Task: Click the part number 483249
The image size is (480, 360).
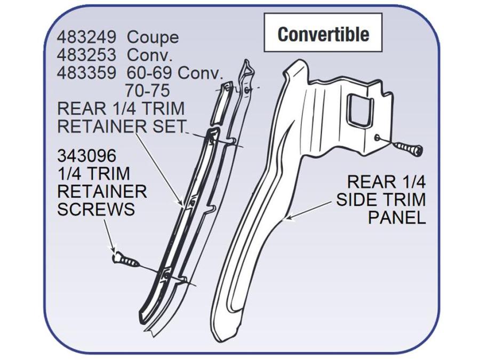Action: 86,37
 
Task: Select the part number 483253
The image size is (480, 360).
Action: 86,55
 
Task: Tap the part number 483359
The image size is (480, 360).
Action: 86,73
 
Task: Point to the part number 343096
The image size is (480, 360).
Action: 86,156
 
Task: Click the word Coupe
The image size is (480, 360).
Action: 153,38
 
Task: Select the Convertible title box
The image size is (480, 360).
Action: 323,33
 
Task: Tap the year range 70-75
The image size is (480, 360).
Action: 147,91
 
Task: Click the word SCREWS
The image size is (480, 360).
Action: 96,210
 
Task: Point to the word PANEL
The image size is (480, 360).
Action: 397,218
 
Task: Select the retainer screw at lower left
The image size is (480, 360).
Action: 125,260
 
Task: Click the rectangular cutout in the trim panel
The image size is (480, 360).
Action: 361,109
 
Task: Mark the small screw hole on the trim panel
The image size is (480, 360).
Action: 378,138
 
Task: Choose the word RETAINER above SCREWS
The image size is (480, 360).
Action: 102,191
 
